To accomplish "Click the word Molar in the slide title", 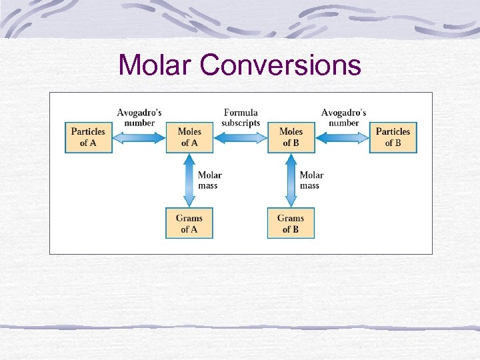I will pos(155,65).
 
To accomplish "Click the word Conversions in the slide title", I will pos(280,65).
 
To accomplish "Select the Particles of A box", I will pos(89,137).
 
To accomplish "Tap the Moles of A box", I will pos(189,137).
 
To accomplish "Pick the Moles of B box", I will pos(291,137).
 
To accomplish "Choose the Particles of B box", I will pos(393,137).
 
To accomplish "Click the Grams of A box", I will pos(189,223).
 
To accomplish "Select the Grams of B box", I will pos(291,223).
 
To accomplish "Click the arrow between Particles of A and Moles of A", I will pos(139,137).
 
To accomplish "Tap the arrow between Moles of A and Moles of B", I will pos(240,137).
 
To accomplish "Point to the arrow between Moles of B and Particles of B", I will pos(342,137).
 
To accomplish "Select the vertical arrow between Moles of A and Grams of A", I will pos(189,180).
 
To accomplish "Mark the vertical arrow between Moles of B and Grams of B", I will pos(291,180).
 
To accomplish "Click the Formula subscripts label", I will pos(241,118).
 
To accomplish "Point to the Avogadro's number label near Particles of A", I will pos(139,118).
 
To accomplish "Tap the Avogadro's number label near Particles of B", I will pos(343,118).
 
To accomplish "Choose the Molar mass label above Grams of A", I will pos(209,180).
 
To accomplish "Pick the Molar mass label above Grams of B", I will pos(311,180).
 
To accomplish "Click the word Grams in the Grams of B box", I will pos(291,218).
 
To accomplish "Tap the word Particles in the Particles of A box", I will pos(89,132).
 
